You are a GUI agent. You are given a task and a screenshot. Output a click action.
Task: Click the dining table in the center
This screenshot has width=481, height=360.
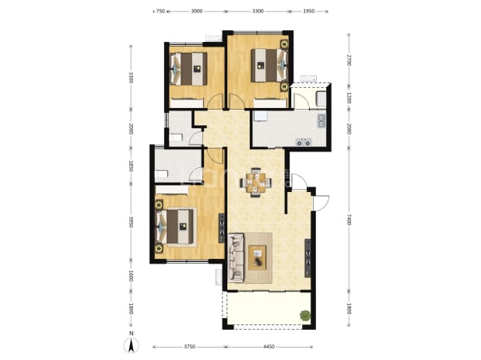256,182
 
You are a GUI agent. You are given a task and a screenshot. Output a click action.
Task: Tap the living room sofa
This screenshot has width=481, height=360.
236,257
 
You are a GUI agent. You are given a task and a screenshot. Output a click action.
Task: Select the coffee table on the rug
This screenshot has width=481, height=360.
258,257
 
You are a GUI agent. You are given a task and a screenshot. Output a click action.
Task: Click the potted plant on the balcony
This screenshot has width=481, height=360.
305,315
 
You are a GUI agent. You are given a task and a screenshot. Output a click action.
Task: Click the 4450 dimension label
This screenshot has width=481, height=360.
269,347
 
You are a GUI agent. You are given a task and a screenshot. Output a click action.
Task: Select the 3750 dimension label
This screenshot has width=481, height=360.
190,347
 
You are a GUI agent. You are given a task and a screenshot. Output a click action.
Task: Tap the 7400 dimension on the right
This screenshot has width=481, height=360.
349,219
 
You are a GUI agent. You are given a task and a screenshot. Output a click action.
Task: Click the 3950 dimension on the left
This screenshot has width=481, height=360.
131,222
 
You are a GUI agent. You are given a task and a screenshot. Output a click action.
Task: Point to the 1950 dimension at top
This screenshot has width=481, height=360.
308,12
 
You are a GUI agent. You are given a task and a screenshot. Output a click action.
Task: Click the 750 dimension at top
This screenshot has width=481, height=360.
161,12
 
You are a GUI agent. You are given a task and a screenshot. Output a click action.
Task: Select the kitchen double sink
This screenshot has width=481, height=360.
321,121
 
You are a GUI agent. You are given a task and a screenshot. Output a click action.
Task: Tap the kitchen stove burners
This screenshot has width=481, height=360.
304,142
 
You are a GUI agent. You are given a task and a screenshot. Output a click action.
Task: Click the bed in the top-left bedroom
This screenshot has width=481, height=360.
189,69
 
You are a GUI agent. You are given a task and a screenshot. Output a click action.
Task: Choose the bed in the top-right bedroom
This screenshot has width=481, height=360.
269,65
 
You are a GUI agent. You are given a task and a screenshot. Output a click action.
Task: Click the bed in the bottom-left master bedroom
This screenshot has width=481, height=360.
177,227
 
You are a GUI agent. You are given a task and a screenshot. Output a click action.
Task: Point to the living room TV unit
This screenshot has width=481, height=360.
307,258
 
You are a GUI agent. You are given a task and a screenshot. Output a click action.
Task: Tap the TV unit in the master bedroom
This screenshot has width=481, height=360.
222,229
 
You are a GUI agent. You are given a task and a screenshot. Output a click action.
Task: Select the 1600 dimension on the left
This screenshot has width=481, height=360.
131,275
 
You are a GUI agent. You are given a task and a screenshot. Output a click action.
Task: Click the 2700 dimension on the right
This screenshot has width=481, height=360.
349,60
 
